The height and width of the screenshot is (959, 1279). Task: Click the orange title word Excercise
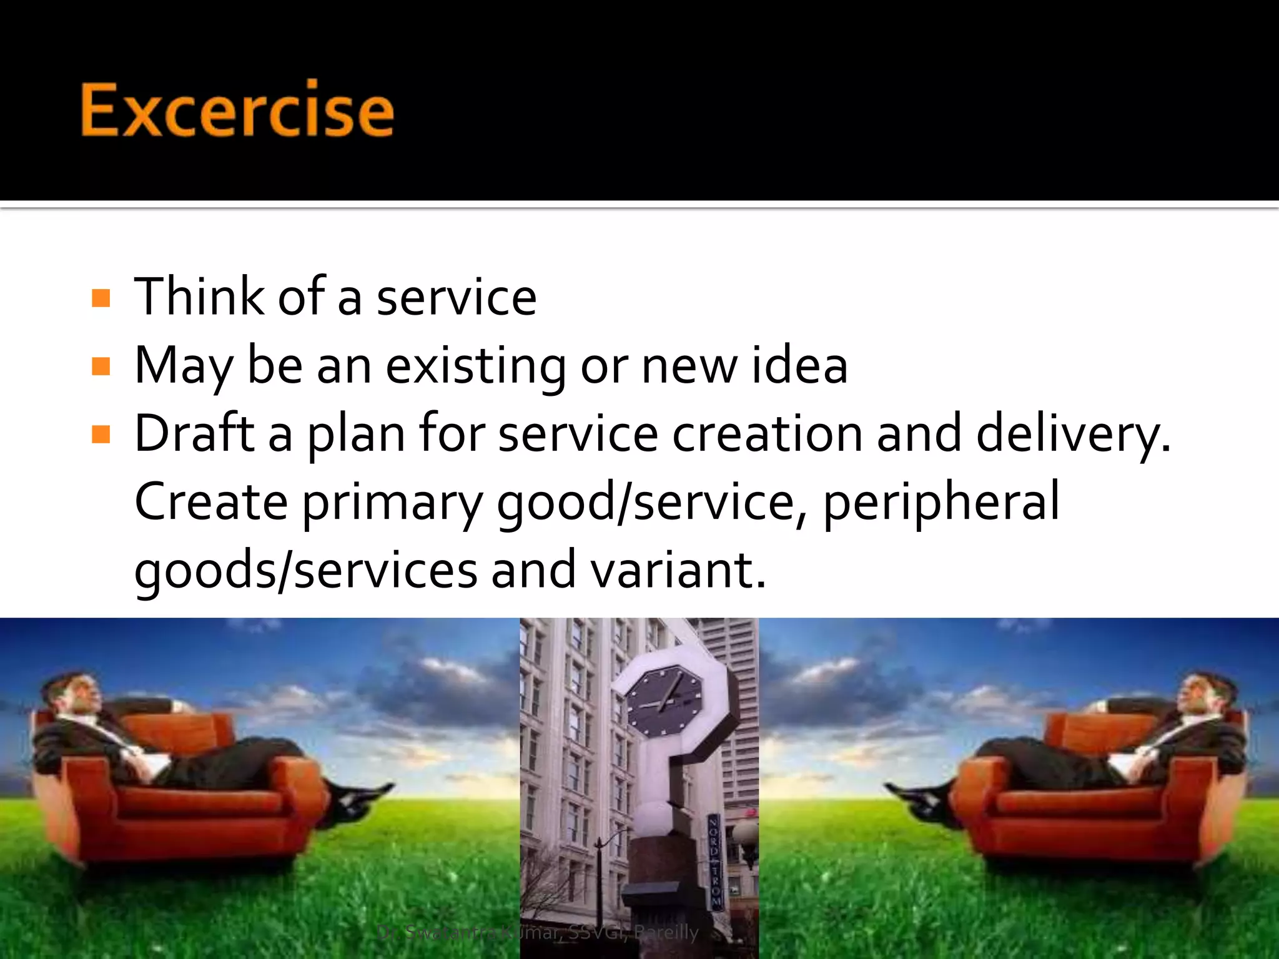point(237,110)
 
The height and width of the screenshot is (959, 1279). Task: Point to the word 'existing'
point(475,366)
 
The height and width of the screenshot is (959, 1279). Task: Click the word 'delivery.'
point(1073,434)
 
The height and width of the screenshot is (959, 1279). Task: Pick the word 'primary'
point(393,503)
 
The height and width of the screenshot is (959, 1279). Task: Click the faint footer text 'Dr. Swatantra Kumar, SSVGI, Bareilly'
point(538,932)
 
